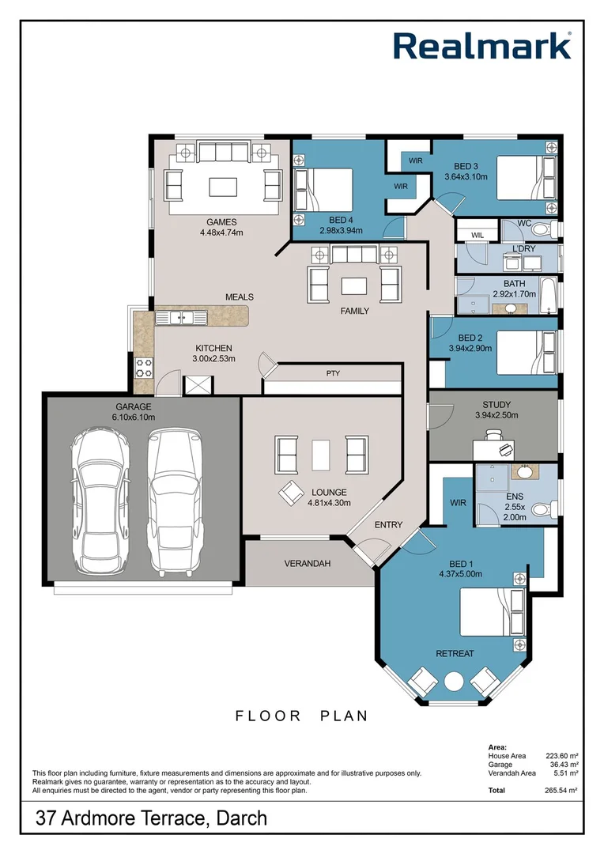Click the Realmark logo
tap(482, 46)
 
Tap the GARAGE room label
tap(134, 407)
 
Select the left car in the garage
tap(100, 500)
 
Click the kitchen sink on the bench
tap(181, 317)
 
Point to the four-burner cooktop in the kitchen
tap(145, 368)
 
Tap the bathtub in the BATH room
tap(547, 296)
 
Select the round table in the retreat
tap(454, 682)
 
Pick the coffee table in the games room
tap(223, 187)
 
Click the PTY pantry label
tap(334, 373)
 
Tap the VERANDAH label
tap(308, 564)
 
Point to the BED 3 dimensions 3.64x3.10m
tap(466, 176)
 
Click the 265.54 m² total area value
tap(561, 790)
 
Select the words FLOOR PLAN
tap(301, 716)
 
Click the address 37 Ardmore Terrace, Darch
tap(152, 818)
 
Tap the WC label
tap(524, 223)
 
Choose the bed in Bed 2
tap(527, 353)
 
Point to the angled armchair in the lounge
tap(292, 493)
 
